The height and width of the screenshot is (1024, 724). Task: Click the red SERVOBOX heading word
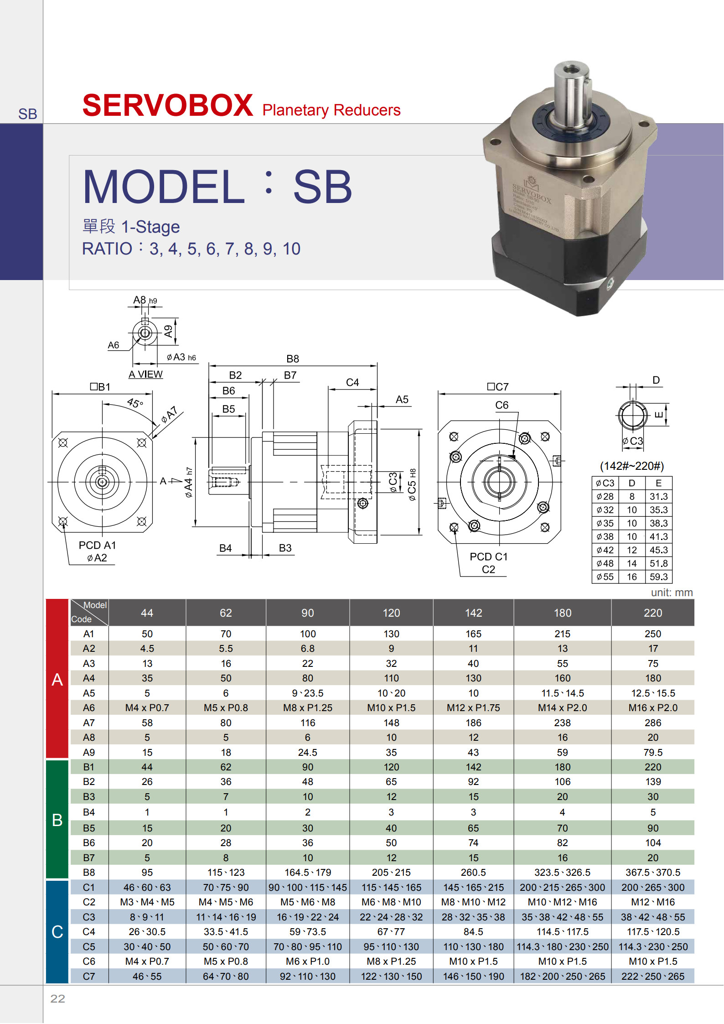coord(167,105)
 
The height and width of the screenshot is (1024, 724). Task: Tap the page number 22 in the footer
coord(57,998)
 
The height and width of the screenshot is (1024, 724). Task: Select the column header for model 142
coord(473,613)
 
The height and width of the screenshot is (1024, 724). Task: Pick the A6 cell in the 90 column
coord(308,707)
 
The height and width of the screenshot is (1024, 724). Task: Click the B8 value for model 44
coord(147,872)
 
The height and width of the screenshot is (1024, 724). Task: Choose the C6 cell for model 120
coord(391,961)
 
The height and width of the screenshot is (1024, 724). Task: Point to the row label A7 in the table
coord(89,723)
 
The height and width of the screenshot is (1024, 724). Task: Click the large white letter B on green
coord(57,820)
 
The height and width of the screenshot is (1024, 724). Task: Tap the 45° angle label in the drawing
coord(135,403)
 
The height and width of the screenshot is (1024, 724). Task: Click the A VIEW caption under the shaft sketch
coord(145,374)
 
